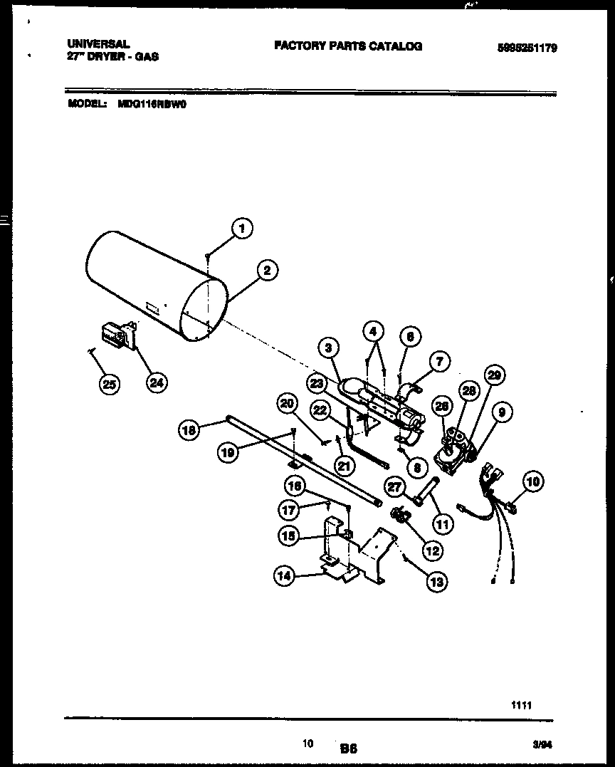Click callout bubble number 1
pyautogui.click(x=242, y=228)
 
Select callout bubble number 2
pyautogui.click(x=266, y=270)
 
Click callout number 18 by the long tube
pyautogui.click(x=189, y=429)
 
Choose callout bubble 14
pyautogui.click(x=285, y=578)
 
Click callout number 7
pyautogui.click(x=439, y=362)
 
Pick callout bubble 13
pyautogui.click(x=436, y=582)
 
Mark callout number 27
pyautogui.click(x=394, y=486)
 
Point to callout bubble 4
pyautogui.click(x=374, y=331)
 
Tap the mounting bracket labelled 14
pyautogui.click(x=352, y=555)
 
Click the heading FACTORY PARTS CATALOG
pyautogui.click(x=348, y=46)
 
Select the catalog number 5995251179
pyautogui.click(x=527, y=48)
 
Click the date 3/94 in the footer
pyautogui.click(x=542, y=744)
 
